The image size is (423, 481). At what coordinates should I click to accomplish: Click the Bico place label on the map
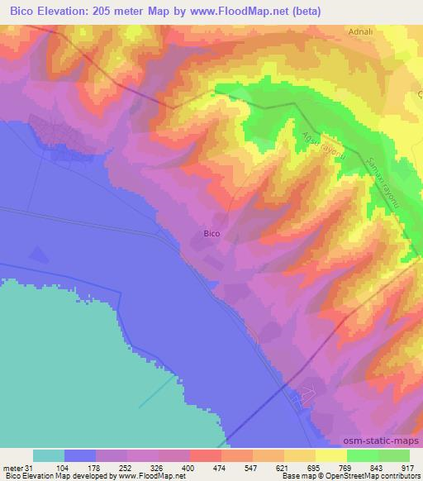click(211, 234)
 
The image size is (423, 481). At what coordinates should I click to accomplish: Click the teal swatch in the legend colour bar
click(49, 455)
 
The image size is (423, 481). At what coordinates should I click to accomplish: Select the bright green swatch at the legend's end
click(394, 455)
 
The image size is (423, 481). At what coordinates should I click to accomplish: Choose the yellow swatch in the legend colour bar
click(331, 455)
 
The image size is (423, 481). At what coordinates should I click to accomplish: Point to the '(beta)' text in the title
click(305, 12)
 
